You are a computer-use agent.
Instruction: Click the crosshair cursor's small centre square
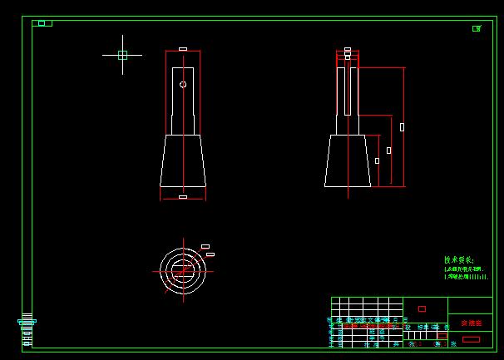tap(122, 55)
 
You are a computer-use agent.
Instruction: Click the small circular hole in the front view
tap(183, 84)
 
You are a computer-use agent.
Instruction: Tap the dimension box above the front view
tap(183, 49)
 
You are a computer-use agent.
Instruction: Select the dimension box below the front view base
tap(183, 197)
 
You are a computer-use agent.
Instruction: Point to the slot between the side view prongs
tap(348, 91)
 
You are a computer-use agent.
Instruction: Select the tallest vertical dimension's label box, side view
tap(403, 127)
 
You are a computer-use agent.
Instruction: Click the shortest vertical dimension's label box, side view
tap(377, 160)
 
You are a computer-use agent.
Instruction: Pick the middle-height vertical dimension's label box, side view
tap(388, 150)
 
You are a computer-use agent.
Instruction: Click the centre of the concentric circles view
tap(183, 269)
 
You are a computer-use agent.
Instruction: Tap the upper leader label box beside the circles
tap(205, 246)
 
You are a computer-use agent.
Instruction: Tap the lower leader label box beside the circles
tap(210, 254)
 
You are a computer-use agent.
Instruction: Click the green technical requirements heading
tap(458, 259)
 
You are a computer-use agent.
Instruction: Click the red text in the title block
tap(471, 323)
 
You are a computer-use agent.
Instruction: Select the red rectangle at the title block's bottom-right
tap(471, 339)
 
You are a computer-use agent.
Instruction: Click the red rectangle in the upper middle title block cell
tap(422, 308)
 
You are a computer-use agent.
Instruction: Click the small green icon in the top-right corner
tap(477, 28)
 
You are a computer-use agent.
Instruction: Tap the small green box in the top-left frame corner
tap(42, 23)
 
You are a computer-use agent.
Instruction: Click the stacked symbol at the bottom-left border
tap(27, 330)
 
